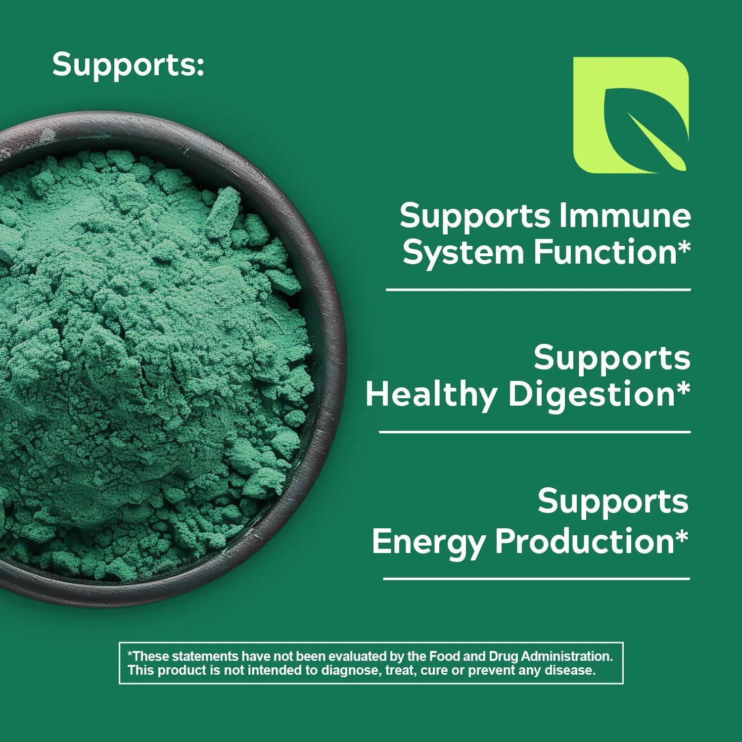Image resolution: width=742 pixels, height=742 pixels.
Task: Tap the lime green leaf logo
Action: click(x=631, y=115)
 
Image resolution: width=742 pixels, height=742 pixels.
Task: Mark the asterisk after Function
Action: click(x=683, y=245)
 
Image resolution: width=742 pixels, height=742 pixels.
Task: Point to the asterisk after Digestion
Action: click(x=683, y=387)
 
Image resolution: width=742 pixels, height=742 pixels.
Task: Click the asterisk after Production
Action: click(x=681, y=534)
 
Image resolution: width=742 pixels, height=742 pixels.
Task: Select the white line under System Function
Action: click(x=538, y=289)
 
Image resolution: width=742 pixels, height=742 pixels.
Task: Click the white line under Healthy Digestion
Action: click(x=535, y=432)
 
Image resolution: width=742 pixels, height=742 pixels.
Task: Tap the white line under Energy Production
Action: click(x=537, y=578)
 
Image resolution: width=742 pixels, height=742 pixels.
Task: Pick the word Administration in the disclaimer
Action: click(x=567, y=656)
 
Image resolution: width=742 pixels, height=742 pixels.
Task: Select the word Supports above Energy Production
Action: click(x=613, y=501)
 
